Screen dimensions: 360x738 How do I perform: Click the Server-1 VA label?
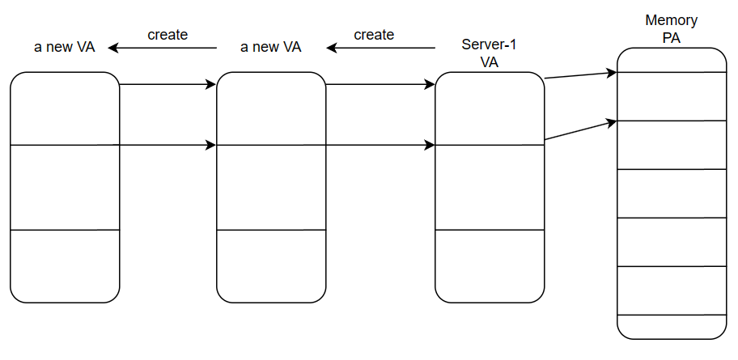[x=489, y=53]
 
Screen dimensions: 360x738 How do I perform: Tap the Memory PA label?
[x=671, y=28]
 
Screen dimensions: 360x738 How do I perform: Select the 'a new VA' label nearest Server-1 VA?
[x=271, y=47]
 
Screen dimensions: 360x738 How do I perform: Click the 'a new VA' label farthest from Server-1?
[x=64, y=47]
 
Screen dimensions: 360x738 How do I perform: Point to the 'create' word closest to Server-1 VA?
[x=374, y=35]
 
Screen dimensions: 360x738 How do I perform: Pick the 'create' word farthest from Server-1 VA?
[x=168, y=35]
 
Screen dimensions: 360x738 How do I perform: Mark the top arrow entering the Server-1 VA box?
[x=380, y=83]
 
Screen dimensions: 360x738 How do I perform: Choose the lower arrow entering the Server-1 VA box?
[x=380, y=146]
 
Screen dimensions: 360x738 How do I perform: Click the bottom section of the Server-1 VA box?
[x=490, y=266]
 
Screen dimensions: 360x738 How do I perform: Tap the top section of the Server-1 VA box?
[x=490, y=108]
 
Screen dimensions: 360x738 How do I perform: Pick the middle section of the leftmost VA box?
[x=65, y=188]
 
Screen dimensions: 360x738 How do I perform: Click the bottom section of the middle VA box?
[x=271, y=266]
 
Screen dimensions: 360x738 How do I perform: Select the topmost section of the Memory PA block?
[x=671, y=60]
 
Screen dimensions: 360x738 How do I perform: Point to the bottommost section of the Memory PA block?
[x=671, y=327]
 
